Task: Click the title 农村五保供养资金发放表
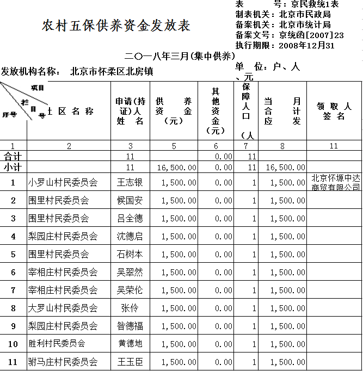coord(116,26)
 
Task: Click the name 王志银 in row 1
coord(130,183)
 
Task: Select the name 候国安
coord(130,201)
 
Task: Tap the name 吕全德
coord(130,219)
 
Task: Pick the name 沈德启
coord(130,237)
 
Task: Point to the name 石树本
coord(130,255)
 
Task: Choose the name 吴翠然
coord(130,273)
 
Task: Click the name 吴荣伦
coord(130,290)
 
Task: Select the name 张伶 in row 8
coord(130,308)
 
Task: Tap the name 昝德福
coord(130,326)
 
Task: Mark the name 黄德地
coord(130,344)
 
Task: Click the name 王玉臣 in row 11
coord(130,362)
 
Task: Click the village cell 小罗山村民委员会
coord(63,183)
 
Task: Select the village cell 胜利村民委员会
coord(57,344)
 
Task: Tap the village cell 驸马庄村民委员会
coord(63,362)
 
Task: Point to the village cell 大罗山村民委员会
coord(63,308)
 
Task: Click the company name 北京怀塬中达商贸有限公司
coord(335,183)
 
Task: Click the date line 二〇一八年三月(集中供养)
coord(180,56)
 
